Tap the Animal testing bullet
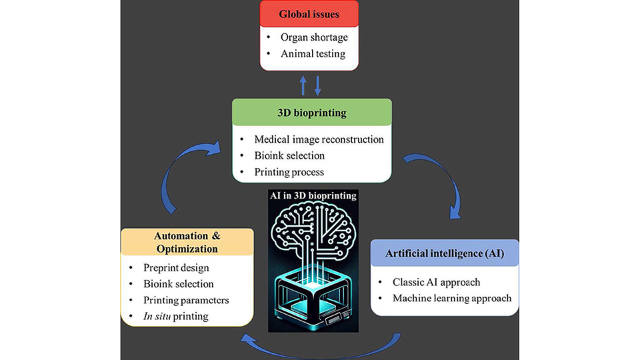coord(313,53)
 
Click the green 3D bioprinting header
coord(311,113)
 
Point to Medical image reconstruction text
coord(319,139)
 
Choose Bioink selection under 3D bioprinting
coord(289,155)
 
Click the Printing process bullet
coord(289,171)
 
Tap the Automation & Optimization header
coord(186,242)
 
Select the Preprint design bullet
coord(176,268)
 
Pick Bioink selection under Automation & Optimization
coord(178,284)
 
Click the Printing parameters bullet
coord(186,300)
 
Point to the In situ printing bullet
coord(175,316)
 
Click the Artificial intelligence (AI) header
coord(445,254)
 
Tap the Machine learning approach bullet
coord(452,297)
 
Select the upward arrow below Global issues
coord(304,85)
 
